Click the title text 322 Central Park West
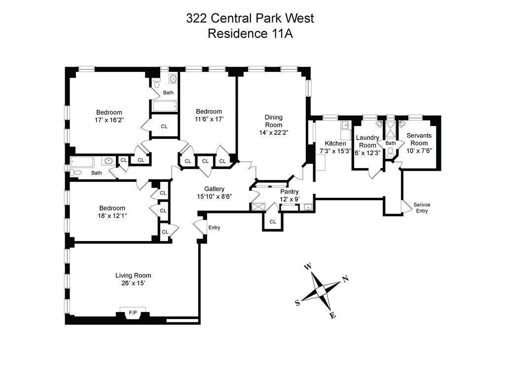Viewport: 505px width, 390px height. pyautogui.click(x=250, y=18)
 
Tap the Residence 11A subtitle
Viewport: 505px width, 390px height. pyautogui.click(x=250, y=34)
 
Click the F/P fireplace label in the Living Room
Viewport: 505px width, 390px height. pyautogui.click(x=133, y=313)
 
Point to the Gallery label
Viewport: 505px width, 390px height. pyautogui.click(x=215, y=189)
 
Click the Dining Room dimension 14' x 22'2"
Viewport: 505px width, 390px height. pyautogui.click(x=274, y=133)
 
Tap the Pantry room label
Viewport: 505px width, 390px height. pyautogui.click(x=289, y=192)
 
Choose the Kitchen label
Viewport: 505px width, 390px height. pyautogui.click(x=335, y=143)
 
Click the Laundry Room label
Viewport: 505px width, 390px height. pyautogui.click(x=367, y=142)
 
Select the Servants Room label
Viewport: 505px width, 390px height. pyautogui.click(x=419, y=139)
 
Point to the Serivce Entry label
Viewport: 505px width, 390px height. pyautogui.click(x=421, y=208)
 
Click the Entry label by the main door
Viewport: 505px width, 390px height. pyautogui.click(x=215, y=228)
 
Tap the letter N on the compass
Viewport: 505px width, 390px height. pyautogui.click(x=345, y=279)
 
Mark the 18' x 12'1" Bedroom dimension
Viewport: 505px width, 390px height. pyautogui.click(x=112, y=215)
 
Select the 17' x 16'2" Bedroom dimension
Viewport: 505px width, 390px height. pyautogui.click(x=109, y=120)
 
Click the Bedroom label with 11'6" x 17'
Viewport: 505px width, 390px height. pyautogui.click(x=209, y=111)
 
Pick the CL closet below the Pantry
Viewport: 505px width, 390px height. pyautogui.click(x=273, y=222)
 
